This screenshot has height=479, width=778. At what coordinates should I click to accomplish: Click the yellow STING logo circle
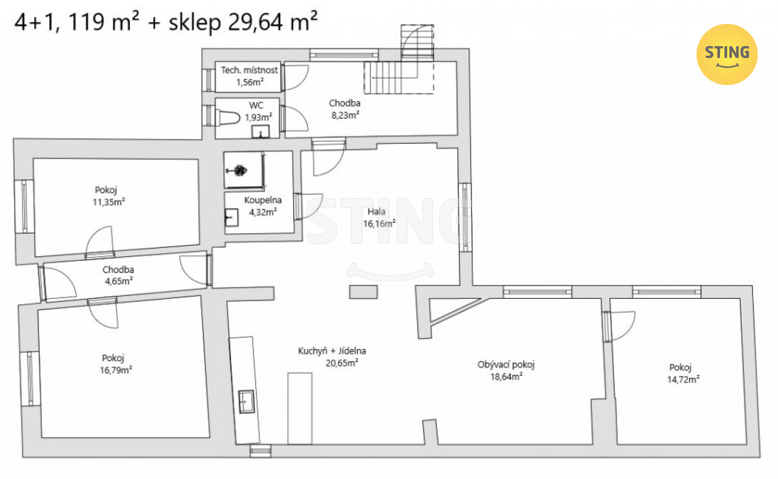click(727, 54)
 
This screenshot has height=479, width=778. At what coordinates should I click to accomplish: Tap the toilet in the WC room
click(227, 117)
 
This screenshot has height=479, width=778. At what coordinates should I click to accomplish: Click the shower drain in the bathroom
click(239, 170)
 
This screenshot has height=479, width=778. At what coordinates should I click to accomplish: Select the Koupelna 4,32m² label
click(263, 206)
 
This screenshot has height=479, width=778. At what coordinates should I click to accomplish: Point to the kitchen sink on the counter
click(246, 402)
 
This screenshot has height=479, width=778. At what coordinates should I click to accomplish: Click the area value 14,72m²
click(683, 379)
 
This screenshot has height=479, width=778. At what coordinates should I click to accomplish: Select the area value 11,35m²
click(109, 202)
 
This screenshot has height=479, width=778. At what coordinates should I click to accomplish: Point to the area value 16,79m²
click(116, 370)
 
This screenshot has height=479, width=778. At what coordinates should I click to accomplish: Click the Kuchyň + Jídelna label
click(332, 351)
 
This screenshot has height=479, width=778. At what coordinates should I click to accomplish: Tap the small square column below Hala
click(363, 292)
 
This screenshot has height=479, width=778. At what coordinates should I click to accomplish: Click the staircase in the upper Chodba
click(399, 77)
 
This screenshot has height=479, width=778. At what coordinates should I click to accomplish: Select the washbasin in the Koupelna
click(232, 217)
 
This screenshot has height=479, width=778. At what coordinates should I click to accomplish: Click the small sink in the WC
click(260, 132)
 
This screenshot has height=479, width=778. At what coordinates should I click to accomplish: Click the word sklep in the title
click(195, 22)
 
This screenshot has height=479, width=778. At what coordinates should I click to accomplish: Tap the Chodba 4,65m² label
click(118, 275)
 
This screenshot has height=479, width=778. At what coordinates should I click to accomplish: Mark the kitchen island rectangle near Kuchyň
click(300, 409)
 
